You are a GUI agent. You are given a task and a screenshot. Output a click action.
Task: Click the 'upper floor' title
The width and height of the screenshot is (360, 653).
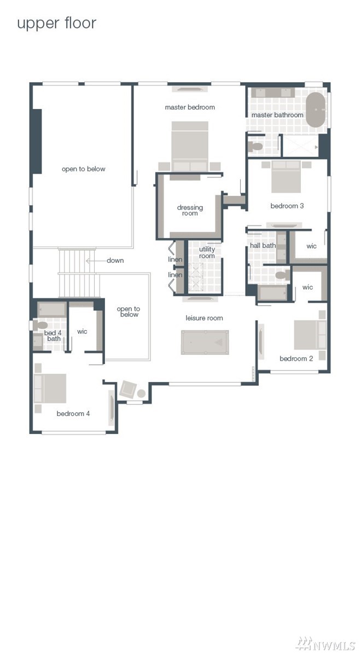(x=56, y=24)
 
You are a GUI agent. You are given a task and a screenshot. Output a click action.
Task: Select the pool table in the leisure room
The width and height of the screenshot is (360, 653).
(x=205, y=342)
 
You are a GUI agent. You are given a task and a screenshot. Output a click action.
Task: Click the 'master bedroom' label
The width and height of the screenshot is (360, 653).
(x=190, y=107)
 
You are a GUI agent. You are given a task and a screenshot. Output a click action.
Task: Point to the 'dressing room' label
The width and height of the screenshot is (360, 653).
(x=190, y=210)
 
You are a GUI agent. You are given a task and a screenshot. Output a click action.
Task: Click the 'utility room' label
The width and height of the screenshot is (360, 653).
(x=207, y=252)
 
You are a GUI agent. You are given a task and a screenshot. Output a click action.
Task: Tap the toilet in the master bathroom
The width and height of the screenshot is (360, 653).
(x=255, y=146)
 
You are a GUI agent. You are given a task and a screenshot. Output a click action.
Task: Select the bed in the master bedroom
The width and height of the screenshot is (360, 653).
(x=190, y=146)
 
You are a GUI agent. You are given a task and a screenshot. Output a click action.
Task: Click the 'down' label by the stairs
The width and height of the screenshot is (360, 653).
(x=115, y=261)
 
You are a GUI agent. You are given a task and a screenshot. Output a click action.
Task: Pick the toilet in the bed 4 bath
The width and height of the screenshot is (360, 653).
(x=40, y=325)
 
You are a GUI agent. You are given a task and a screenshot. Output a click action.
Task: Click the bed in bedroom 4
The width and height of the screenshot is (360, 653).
(x=50, y=388)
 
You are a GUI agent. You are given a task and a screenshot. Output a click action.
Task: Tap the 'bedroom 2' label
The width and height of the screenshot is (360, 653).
(x=297, y=359)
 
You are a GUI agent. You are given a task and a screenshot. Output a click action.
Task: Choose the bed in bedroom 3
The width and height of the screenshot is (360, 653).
(x=286, y=177)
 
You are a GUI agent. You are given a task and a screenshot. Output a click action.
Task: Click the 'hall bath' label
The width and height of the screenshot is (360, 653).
(x=263, y=246)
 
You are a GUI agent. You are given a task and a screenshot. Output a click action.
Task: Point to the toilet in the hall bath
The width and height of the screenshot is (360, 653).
(x=283, y=275)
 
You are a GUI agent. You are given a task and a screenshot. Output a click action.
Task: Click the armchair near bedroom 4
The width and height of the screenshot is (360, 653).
(x=127, y=389)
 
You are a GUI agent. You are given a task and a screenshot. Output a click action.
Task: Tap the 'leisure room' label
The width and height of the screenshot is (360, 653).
(x=205, y=318)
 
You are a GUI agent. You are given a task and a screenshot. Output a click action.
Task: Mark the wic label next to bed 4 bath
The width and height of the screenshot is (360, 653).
(x=83, y=332)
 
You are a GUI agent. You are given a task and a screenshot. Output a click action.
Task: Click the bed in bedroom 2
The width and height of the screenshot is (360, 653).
(x=310, y=335)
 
